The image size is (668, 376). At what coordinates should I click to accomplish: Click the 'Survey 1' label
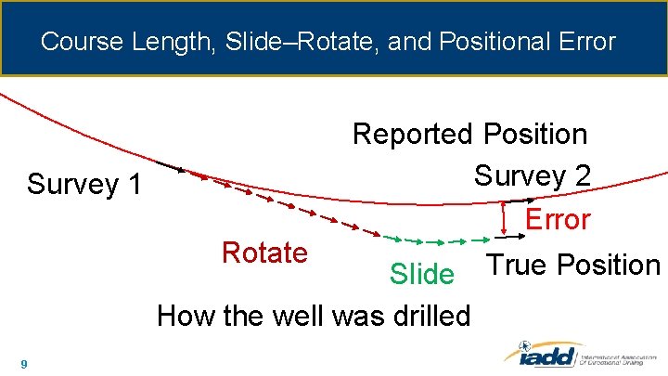[84, 184]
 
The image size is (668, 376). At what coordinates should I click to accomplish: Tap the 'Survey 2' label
[532, 175]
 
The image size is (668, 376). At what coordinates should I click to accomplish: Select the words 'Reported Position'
[469, 134]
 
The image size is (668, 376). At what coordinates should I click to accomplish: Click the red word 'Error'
[558, 220]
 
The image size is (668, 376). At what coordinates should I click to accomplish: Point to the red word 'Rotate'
[264, 252]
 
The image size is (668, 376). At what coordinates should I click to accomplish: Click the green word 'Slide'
[422, 274]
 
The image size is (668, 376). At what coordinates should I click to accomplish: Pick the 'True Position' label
[573, 265]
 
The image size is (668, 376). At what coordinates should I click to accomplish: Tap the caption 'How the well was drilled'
[314, 316]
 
